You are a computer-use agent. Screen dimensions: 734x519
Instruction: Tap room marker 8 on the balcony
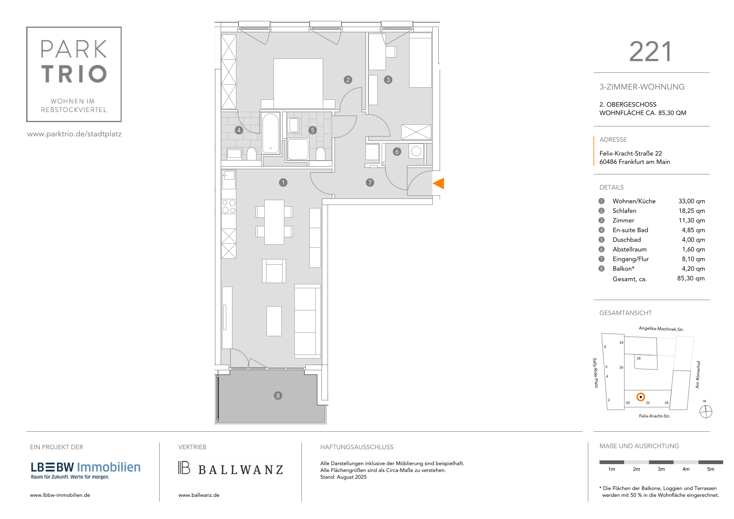(x=278, y=396)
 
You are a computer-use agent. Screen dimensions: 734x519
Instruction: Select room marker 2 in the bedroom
(x=348, y=80)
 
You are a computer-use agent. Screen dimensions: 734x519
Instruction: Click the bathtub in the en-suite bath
(x=271, y=133)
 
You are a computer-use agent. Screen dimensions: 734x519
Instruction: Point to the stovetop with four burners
(x=229, y=206)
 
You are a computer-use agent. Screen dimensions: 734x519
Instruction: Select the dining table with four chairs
(x=274, y=222)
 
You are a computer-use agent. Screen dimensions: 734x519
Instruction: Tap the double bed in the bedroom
(x=298, y=84)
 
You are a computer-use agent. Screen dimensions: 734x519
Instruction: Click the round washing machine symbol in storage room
(x=416, y=151)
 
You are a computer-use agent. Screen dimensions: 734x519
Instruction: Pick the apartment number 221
(x=651, y=52)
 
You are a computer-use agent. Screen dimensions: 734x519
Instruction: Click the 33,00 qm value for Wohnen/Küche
(x=691, y=201)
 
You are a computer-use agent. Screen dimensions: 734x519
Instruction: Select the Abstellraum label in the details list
(x=629, y=249)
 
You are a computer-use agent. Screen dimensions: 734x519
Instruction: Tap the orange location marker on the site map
(x=641, y=397)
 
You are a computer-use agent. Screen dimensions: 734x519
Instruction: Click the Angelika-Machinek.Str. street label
(x=661, y=329)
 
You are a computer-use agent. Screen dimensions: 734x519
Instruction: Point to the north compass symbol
(x=706, y=412)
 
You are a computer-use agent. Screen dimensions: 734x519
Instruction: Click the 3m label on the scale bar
(x=661, y=469)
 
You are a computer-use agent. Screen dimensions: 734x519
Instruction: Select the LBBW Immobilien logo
(x=85, y=470)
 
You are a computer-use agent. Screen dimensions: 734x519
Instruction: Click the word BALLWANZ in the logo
(x=241, y=470)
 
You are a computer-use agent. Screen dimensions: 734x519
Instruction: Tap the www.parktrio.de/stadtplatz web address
(x=75, y=134)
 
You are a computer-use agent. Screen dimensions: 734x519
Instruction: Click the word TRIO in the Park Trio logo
(x=74, y=74)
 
